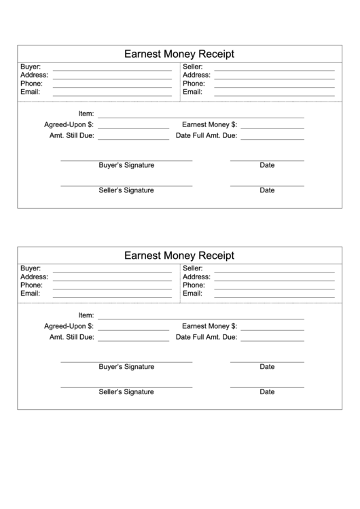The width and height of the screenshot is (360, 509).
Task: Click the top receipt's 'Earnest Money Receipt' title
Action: [x=179, y=54]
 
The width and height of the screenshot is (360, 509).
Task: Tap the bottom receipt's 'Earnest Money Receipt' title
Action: [x=179, y=256]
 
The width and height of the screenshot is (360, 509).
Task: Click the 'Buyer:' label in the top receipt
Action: [x=31, y=67]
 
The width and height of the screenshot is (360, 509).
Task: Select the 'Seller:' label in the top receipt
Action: [x=194, y=67]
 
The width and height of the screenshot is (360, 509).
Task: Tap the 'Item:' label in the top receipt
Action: [x=86, y=113]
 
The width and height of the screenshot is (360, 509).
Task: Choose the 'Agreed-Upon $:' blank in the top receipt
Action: [x=133, y=127]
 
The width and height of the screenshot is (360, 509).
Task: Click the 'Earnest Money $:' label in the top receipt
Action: [x=209, y=125]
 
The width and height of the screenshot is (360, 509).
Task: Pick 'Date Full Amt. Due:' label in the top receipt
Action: [x=206, y=136]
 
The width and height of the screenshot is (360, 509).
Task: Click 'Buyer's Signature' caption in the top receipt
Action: [x=126, y=165]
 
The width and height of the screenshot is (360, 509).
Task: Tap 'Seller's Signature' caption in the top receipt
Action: [x=126, y=190]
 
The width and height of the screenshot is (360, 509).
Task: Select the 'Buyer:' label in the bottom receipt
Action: [x=31, y=269]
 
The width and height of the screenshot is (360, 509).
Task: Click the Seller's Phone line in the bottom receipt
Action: [x=274, y=287]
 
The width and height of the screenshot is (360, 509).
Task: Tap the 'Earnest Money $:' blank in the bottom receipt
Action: [x=272, y=329]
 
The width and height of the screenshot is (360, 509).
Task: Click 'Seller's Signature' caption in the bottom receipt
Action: [x=126, y=391]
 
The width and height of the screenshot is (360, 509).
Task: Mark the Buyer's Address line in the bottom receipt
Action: [x=112, y=279]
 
